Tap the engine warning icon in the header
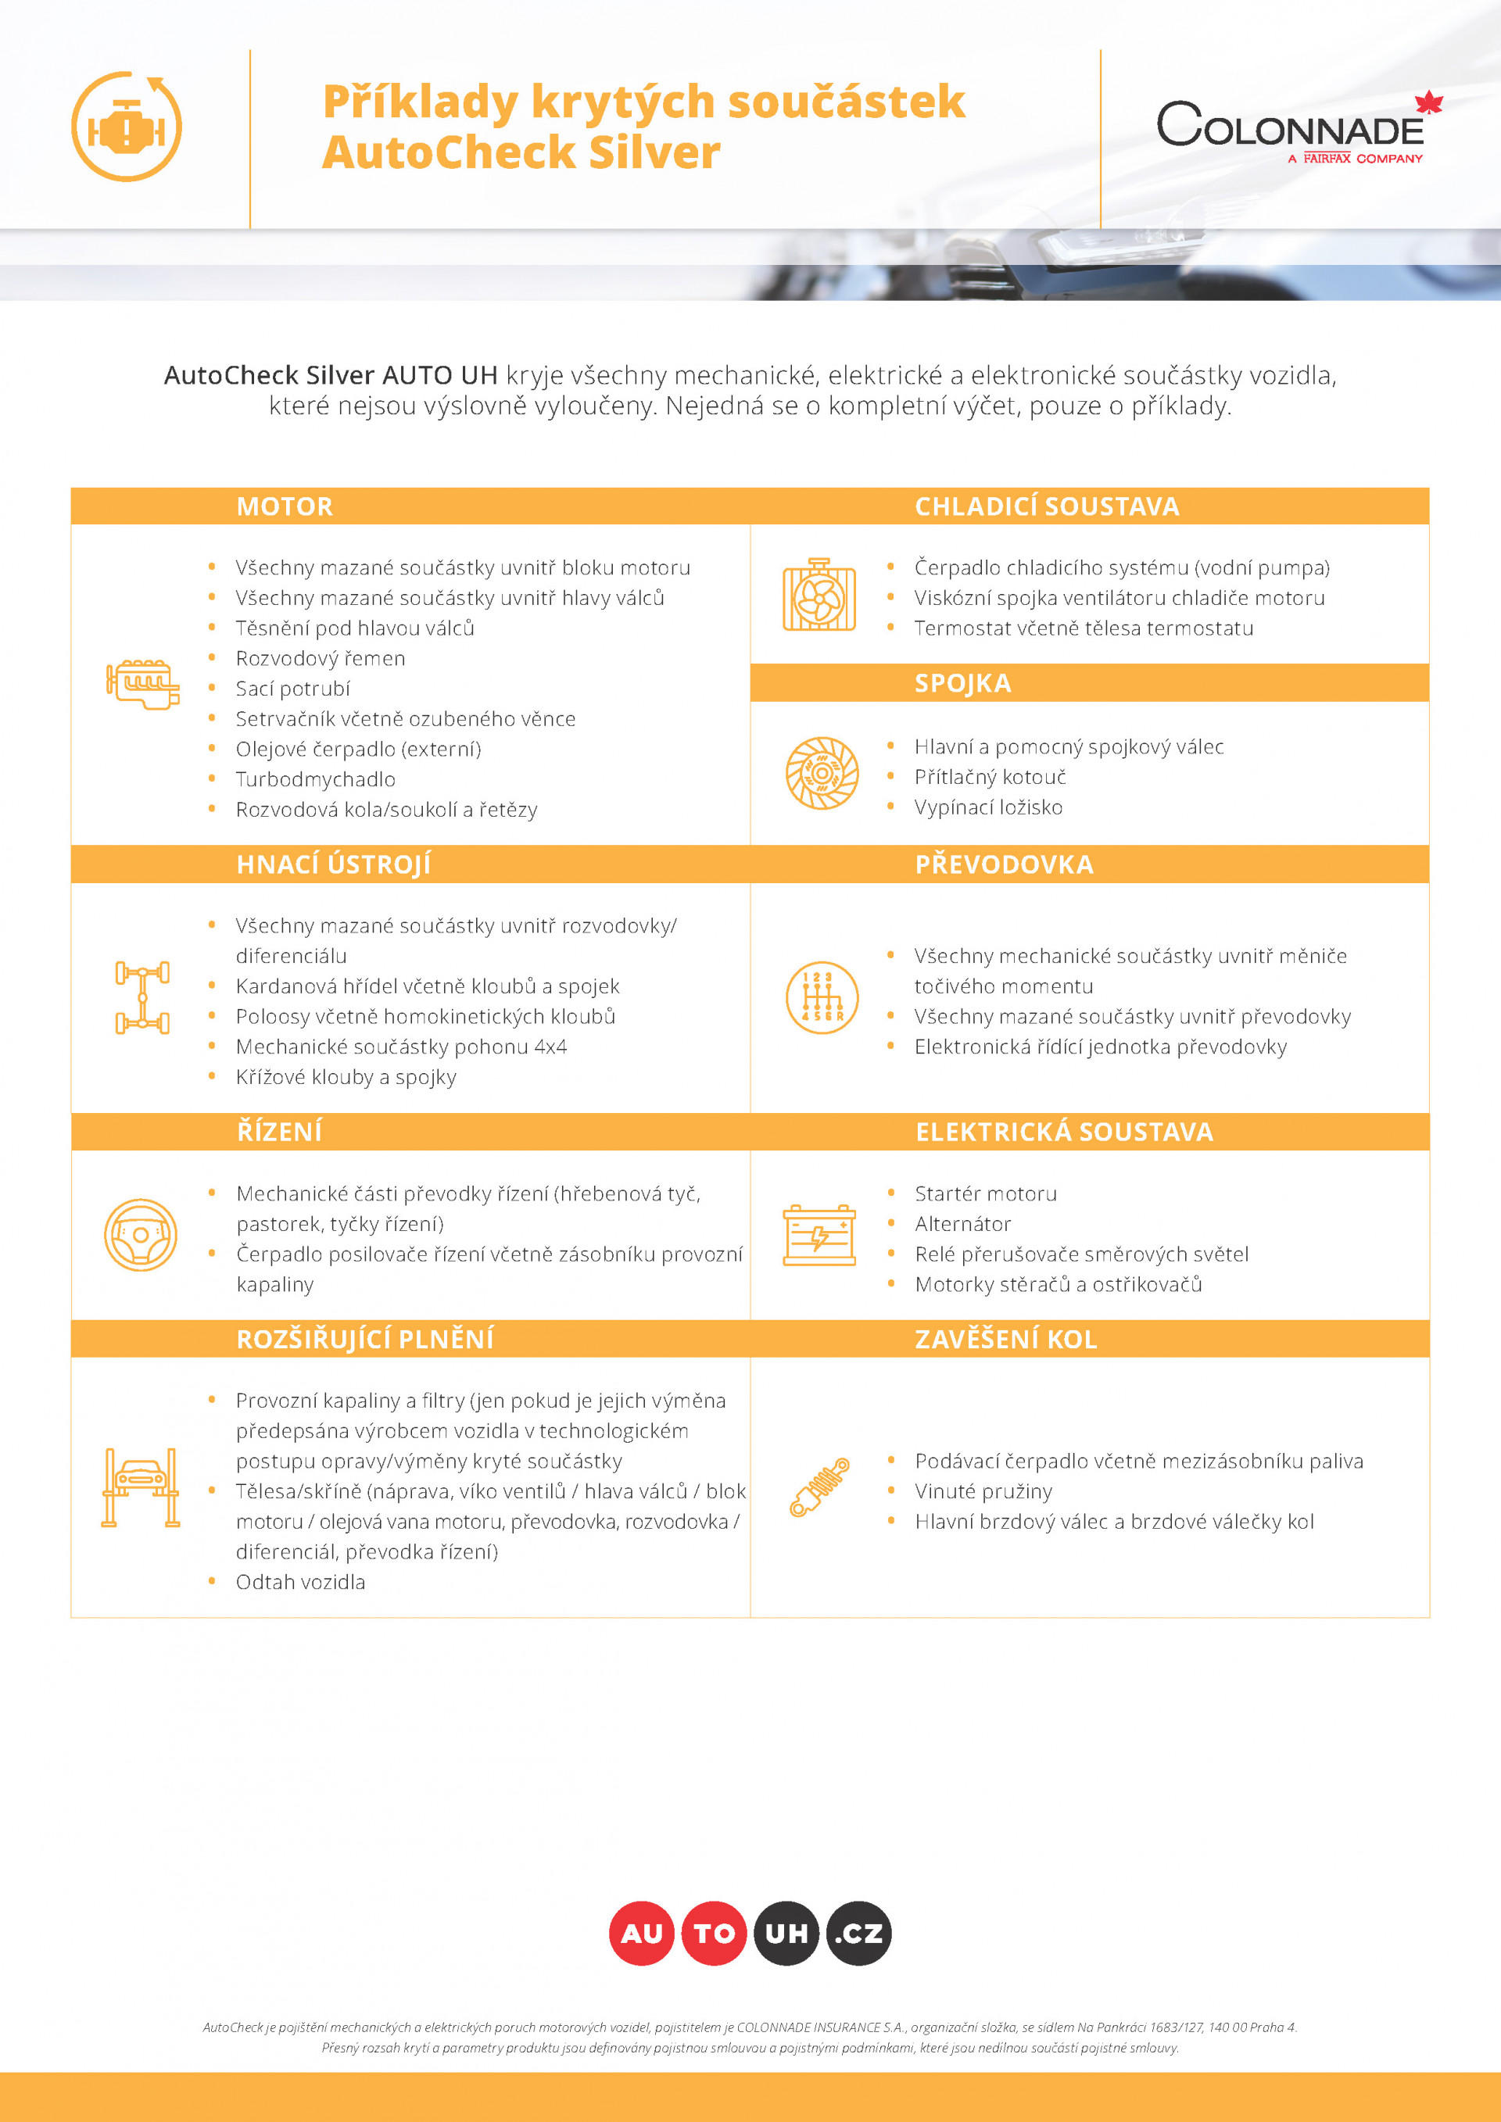[x=127, y=127]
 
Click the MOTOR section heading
[x=284, y=506]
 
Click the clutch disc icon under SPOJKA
[x=821, y=773]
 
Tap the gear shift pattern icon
[x=821, y=997]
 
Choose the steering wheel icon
[x=141, y=1235]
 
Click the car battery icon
[x=819, y=1235]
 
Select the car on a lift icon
[x=141, y=1487]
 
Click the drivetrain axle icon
[x=142, y=997]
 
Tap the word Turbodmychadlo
[x=315, y=779]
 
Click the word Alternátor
[x=962, y=1224]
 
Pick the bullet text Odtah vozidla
[x=300, y=1581]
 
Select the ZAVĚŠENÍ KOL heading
[x=1005, y=1339]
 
